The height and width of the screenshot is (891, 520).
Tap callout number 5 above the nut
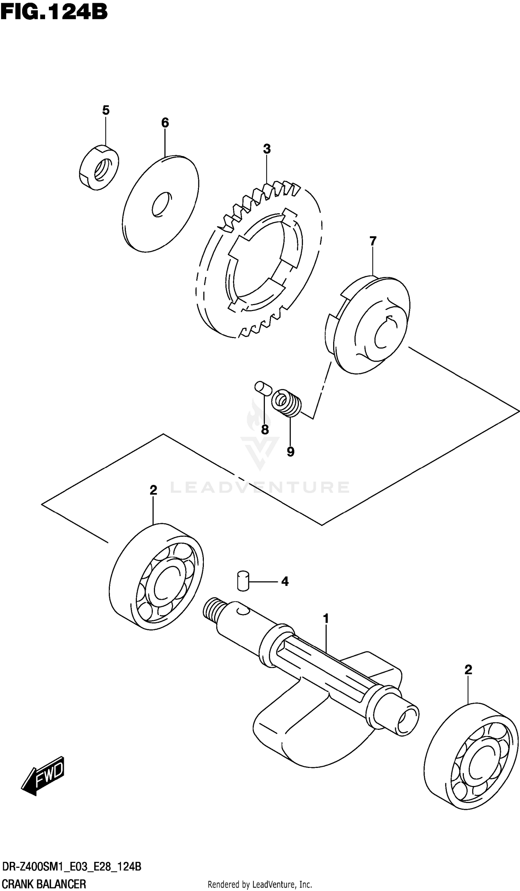106,110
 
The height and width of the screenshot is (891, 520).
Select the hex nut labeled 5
99,167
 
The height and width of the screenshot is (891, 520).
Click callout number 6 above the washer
165,123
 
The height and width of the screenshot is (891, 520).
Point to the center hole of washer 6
162,204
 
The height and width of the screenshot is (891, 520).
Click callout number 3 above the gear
267,149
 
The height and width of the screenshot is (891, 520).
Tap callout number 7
373,242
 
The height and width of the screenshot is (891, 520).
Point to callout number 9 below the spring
290,451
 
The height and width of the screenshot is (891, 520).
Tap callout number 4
285,581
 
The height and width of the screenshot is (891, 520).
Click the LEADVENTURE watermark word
260,487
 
